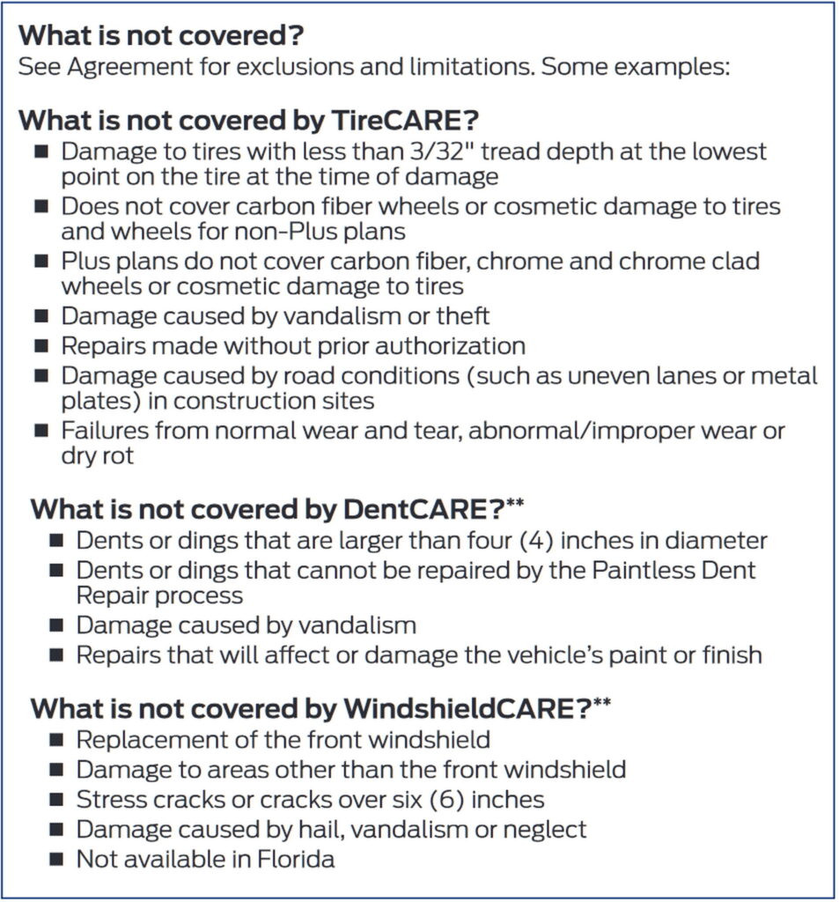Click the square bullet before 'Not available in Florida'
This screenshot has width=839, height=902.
(x=56, y=858)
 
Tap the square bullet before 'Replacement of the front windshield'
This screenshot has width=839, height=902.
(x=56, y=740)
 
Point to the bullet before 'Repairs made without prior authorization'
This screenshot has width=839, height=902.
(x=41, y=346)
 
